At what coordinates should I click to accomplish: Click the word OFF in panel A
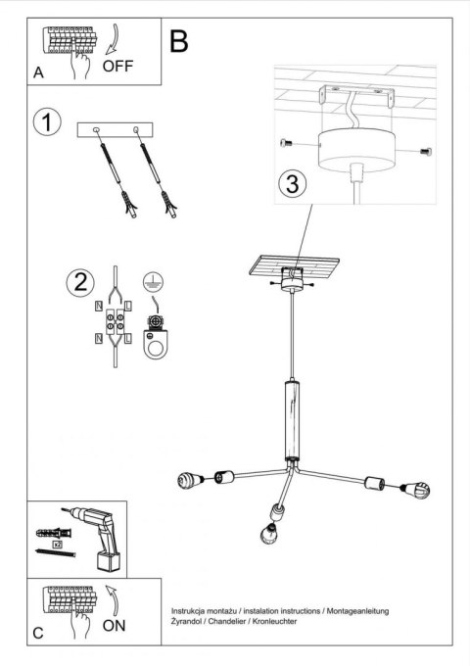coord(117,66)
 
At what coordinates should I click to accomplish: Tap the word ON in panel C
coord(114,625)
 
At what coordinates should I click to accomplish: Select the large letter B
coord(179,41)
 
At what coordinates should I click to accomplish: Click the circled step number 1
coord(47,121)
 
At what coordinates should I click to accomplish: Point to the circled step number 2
coord(80,282)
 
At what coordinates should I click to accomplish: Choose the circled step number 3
coord(293,184)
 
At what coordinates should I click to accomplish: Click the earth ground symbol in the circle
coord(153,281)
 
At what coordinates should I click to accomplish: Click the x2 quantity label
coord(57,545)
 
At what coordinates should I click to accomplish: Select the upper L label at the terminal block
coord(128,306)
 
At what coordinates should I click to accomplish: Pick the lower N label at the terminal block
coord(99,338)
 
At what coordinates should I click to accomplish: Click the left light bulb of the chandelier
coord(190,480)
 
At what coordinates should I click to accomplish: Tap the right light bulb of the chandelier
coord(416,490)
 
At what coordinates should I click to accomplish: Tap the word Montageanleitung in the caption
coord(358,611)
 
